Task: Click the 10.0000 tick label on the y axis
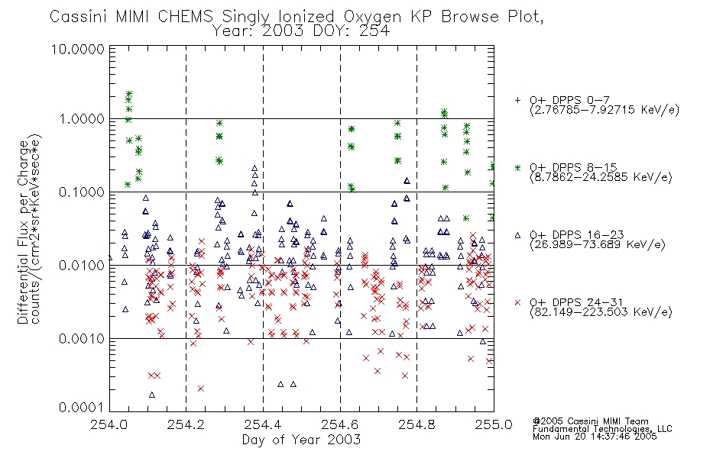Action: pos(78,49)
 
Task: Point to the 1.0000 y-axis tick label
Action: pos(82,119)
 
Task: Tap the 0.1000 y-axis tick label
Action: pos(82,192)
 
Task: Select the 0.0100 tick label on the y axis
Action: pos(82,266)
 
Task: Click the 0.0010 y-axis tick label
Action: pos(82,339)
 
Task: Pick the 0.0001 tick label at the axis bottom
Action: pos(82,408)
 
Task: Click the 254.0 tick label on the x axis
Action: pos(109,424)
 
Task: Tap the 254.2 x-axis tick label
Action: pos(186,424)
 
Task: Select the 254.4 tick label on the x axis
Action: pos(263,424)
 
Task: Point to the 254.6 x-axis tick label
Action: pos(340,424)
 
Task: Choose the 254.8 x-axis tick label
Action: pos(416,424)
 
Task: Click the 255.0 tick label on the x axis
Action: pos(494,424)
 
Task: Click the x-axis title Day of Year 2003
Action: pos(301,440)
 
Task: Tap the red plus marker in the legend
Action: pos(517,100)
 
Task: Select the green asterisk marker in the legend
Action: pos(517,167)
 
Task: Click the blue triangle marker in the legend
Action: pos(517,235)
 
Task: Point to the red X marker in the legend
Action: pos(517,302)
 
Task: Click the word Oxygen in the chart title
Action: pos(372,18)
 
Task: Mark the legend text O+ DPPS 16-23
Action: pos(577,234)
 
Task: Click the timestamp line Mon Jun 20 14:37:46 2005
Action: pos(595,437)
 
